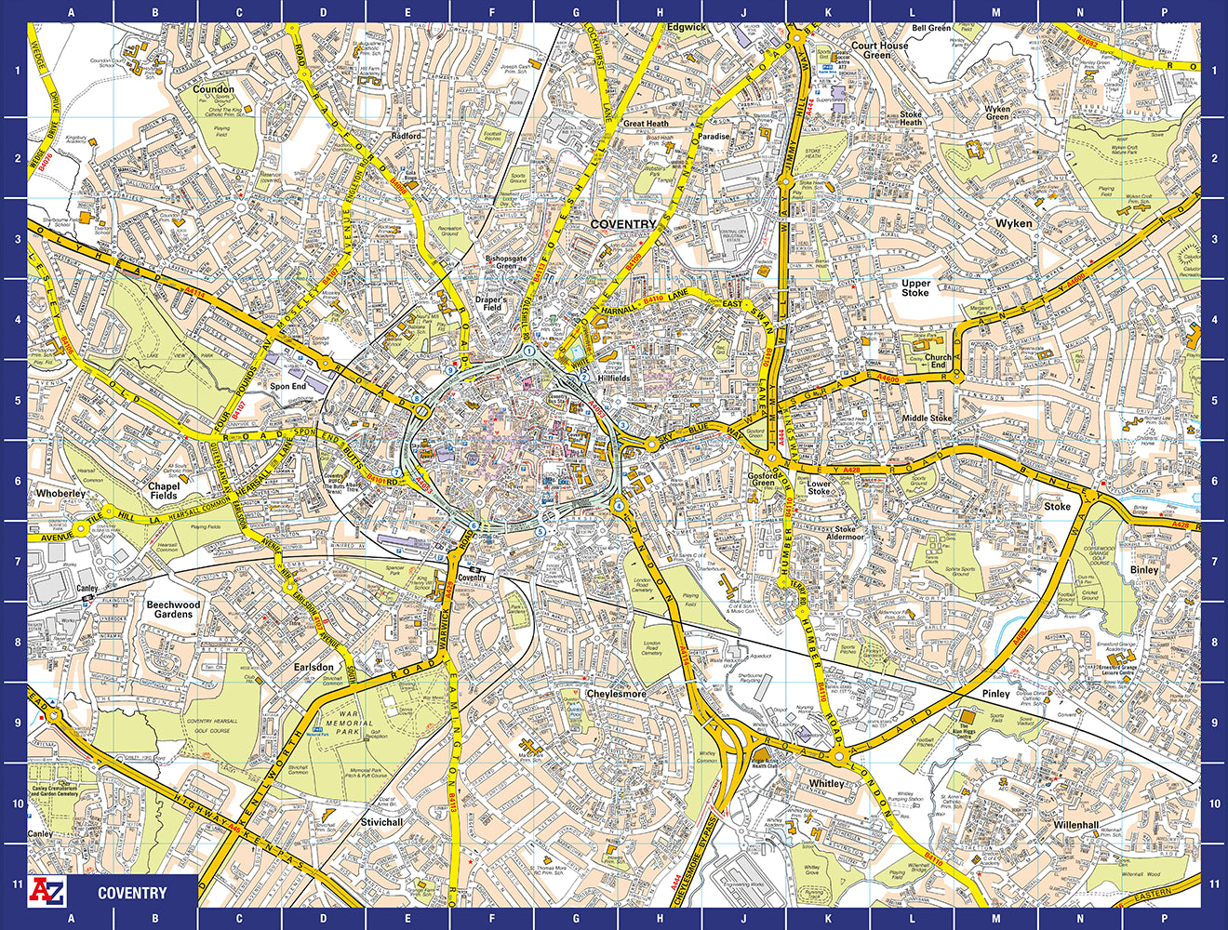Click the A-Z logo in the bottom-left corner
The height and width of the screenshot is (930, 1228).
click(x=48, y=892)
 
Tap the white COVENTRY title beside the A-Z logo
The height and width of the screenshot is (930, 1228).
click(x=132, y=893)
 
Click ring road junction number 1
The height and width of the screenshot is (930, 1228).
click(x=528, y=351)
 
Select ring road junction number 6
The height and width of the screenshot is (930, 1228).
click(x=474, y=525)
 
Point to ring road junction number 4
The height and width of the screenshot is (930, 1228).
click(x=618, y=505)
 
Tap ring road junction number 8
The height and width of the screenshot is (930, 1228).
click(x=418, y=398)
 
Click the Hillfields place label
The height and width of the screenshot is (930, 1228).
click(x=614, y=379)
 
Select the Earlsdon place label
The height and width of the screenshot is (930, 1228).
click(x=314, y=667)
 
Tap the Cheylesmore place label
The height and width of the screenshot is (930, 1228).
click(x=616, y=694)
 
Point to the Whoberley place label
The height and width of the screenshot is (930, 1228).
click(x=60, y=493)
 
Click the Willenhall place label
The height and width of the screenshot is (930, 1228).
click(x=1076, y=825)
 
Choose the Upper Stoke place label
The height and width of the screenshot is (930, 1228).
click(x=915, y=287)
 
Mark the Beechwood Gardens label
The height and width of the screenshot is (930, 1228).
click(x=173, y=609)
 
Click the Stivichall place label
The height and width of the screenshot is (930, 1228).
click(x=382, y=822)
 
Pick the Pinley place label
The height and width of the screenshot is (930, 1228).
click(x=995, y=694)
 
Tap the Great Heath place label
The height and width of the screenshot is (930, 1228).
click(x=646, y=123)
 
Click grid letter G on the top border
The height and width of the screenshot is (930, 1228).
click(x=576, y=12)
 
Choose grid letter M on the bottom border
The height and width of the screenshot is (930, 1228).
click(x=996, y=919)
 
